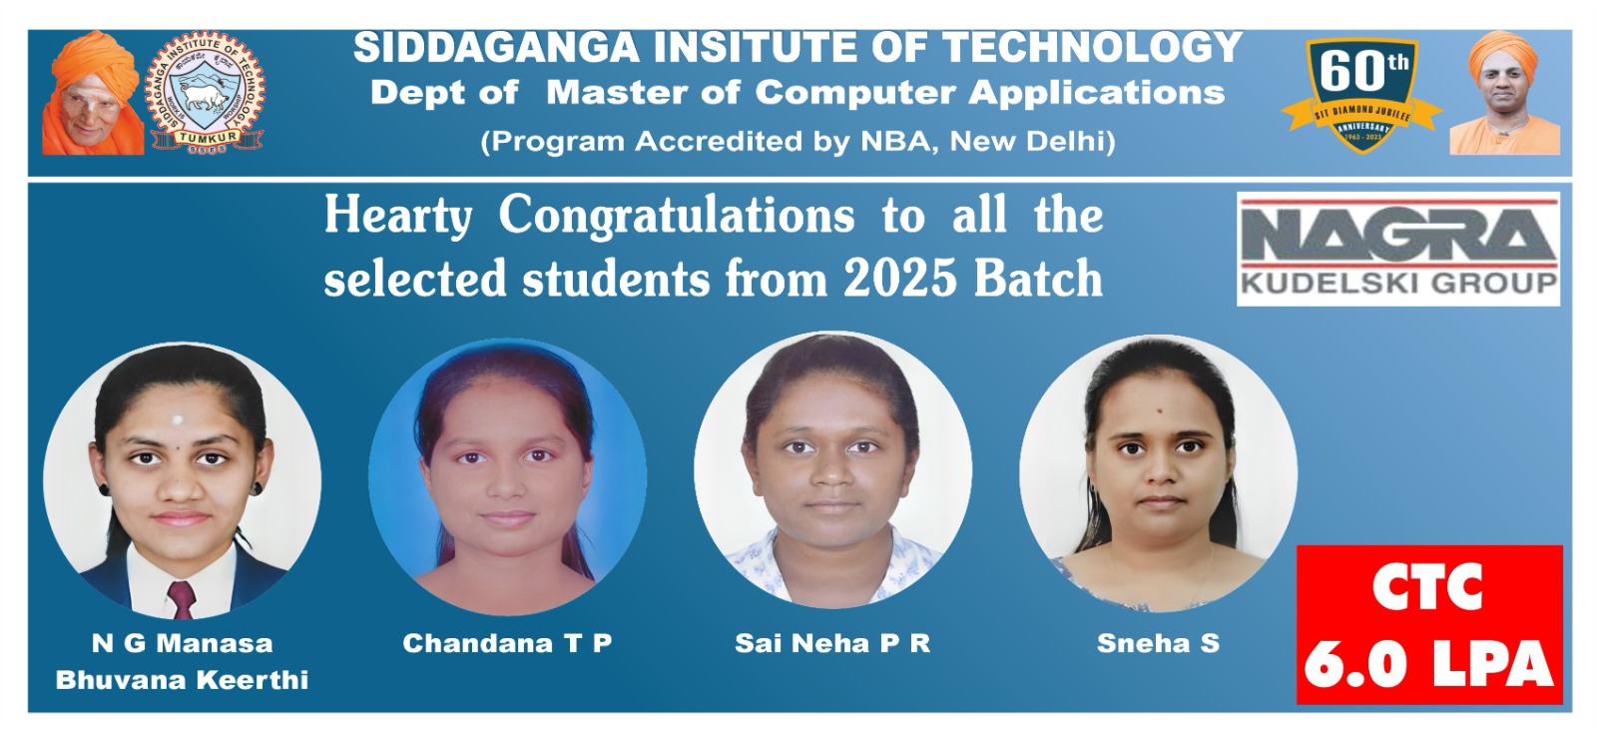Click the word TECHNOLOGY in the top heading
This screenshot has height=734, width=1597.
click(x=1092, y=49)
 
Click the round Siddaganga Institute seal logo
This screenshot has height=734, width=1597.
click(x=206, y=93)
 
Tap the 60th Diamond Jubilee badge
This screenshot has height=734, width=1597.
click(x=1361, y=94)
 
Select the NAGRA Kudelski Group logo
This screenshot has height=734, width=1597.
click(x=1398, y=249)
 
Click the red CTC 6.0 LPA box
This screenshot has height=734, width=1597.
click(x=1428, y=625)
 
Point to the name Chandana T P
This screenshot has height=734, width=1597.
click(x=507, y=643)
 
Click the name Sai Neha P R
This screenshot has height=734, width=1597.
click(x=832, y=643)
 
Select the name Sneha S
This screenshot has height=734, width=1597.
click(x=1159, y=643)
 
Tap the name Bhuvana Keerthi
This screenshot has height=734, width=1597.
click(x=182, y=680)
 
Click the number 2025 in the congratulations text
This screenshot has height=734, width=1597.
click(x=899, y=279)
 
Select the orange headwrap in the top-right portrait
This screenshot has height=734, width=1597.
click(x=1503, y=54)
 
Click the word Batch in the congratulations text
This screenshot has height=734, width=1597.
click(x=1038, y=279)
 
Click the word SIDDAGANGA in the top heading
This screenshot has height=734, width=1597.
click(x=496, y=49)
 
